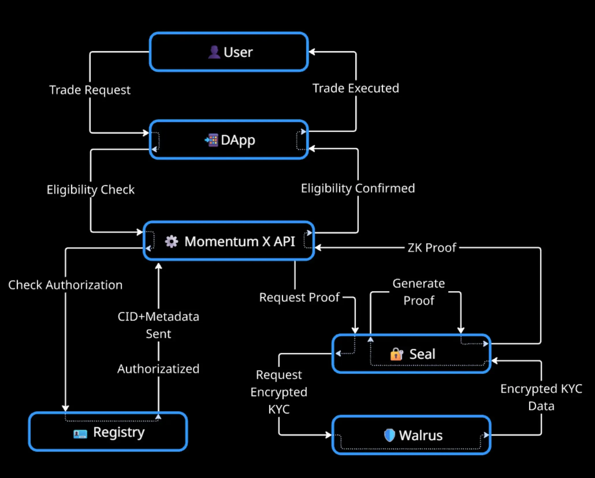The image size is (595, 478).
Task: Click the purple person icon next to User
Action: coord(214,52)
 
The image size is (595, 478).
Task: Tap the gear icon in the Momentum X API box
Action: coord(171,242)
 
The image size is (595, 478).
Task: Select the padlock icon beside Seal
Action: coord(397,354)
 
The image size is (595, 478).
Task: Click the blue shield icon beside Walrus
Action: coord(389,435)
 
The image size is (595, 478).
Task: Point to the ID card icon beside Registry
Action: coord(80,434)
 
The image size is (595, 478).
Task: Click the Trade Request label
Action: coord(90,90)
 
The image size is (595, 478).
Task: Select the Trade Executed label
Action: coord(356,88)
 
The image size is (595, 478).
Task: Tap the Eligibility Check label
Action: coord(91,190)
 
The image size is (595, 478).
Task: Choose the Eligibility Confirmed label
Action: coord(358,188)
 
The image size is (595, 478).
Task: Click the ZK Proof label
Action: coord(432,248)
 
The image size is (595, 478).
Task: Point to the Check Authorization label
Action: coord(65,285)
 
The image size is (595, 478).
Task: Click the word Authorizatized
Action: coord(158,369)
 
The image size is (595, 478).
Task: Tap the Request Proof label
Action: coord(299,297)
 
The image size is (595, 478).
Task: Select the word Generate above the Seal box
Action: coord(419,283)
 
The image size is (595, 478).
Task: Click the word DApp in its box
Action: coord(238,140)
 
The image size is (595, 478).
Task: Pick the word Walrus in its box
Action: coord(421,435)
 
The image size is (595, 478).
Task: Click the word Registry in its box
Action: coord(119,432)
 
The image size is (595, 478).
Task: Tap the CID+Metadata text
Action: coord(158,317)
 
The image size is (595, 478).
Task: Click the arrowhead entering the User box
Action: coord(312,52)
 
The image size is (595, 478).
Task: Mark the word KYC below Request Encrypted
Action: coord(279,409)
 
